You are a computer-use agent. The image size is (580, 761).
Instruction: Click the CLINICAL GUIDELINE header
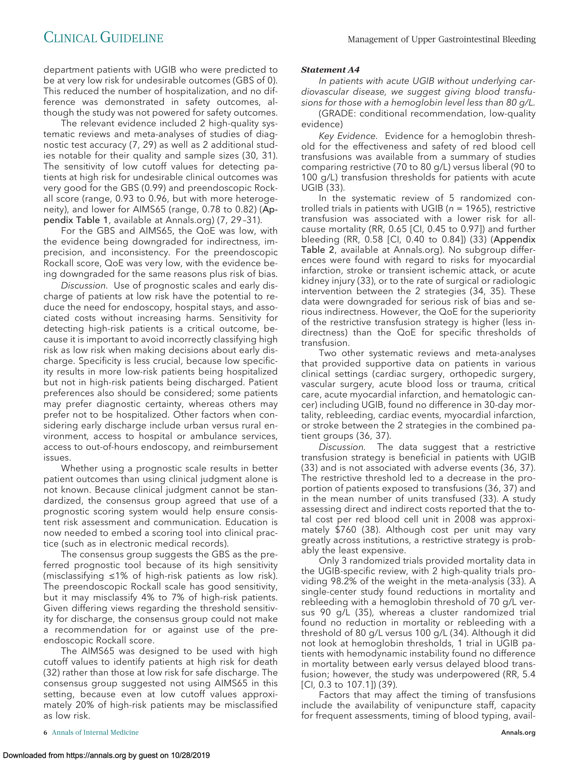103,38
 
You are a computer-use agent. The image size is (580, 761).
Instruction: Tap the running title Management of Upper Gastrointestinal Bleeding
442,39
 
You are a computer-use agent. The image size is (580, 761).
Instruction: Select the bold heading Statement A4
330,70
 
